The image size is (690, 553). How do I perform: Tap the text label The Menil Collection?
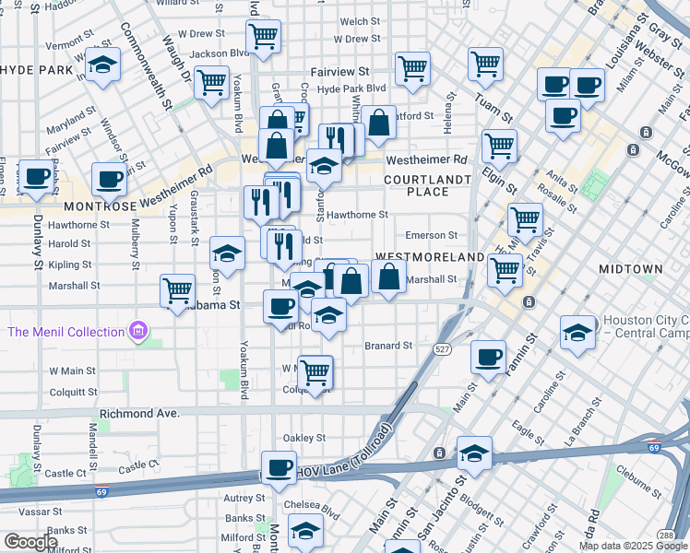click(65, 331)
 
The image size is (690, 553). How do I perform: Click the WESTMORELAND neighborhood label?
click(429, 255)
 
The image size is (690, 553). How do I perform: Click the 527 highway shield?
click(440, 347)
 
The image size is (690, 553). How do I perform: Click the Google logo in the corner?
click(30, 542)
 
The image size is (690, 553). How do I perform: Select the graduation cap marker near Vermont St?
click(103, 65)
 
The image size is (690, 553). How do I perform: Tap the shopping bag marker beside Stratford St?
click(378, 121)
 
